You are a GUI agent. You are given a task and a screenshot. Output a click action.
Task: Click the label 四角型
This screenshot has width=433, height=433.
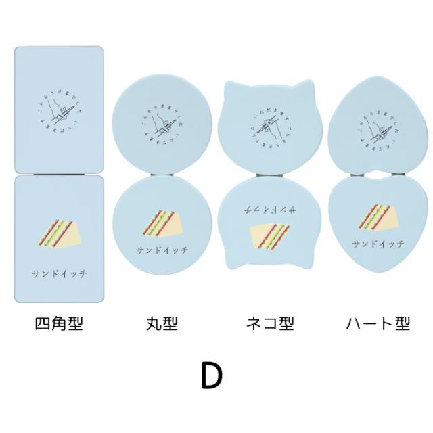pos(58,324)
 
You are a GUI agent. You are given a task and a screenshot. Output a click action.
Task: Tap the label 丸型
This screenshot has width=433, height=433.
pos(162,324)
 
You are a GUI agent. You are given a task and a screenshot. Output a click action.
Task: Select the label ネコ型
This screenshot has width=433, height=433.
pos(269,324)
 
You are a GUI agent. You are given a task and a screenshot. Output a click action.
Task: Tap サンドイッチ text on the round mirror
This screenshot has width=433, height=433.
pos(163,248)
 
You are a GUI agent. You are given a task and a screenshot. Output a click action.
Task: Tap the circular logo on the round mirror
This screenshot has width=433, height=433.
pos(162,122)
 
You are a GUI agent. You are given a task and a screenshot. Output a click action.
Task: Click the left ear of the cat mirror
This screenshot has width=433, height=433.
pos(230,90)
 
